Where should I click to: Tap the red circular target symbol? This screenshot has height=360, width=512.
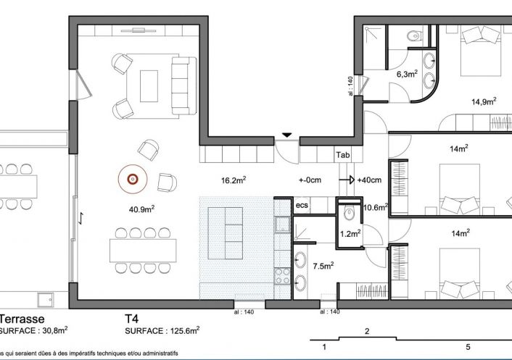coord(133,177)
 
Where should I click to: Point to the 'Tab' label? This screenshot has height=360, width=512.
coord(342,154)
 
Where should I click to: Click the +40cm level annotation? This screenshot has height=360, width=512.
coord(371,180)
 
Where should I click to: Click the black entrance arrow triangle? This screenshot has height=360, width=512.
coord(287,135)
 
